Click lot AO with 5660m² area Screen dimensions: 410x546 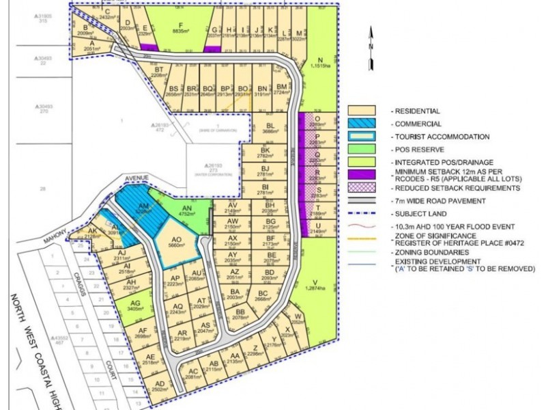click(x=177, y=243)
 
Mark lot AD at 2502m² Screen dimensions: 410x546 click(x=161, y=386)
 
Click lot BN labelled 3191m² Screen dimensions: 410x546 click(x=262, y=91)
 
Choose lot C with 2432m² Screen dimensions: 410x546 click(x=107, y=14)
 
